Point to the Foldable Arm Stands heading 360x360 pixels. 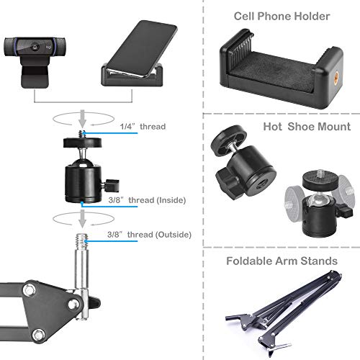coord(282,261)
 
